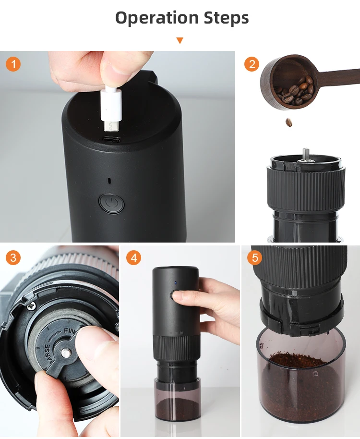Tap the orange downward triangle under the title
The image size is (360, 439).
(180, 40)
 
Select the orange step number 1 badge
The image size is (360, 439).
(13, 64)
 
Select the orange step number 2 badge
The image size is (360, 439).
(252, 64)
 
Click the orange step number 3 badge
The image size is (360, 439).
(13, 258)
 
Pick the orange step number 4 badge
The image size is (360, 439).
(133, 258)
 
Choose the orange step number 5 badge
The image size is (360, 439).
(254, 258)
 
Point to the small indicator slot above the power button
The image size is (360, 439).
(111, 181)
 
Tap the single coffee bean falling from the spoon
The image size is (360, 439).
(289, 122)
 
